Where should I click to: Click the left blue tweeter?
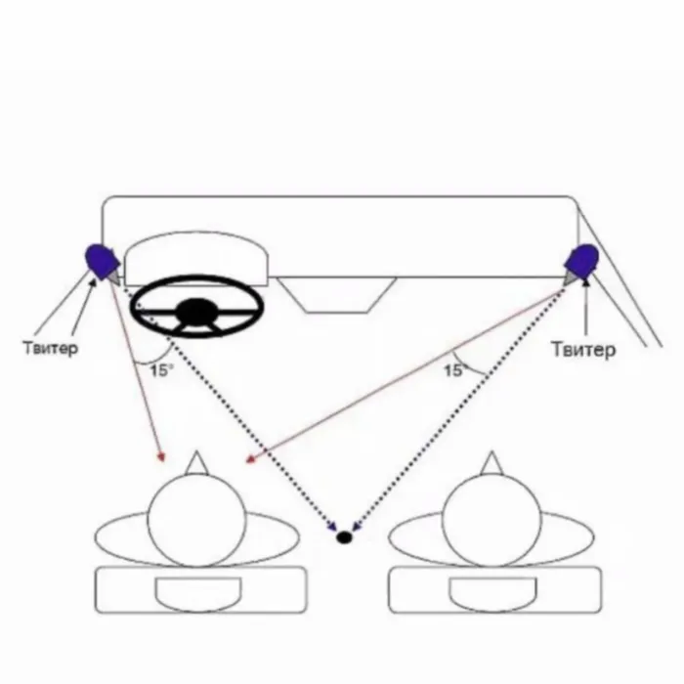pyautogui.click(x=101, y=261)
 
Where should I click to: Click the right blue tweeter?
pyautogui.click(x=583, y=261)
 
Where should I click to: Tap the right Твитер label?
pyautogui.click(x=583, y=349)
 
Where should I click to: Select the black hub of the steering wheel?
pyautogui.click(x=197, y=312)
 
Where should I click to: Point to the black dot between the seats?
pyautogui.click(x=344, y=536)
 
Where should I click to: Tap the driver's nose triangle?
pyautogui.click(x=198, y=461)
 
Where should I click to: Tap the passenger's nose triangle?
pyautogui.click(x=491, y=461)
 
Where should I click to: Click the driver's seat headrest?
pyautogui.click(x=198, y=592)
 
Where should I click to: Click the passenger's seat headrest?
pyautogui.click(x=491, y=592)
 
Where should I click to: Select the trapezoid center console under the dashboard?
pyautogui.click(x=336, y=293)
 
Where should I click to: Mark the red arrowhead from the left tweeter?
pyautogui.click(x=162, y=456)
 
